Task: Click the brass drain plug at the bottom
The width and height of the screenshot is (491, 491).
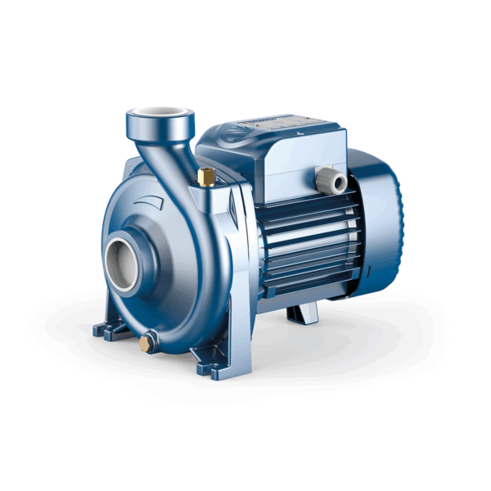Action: (145, 344)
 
